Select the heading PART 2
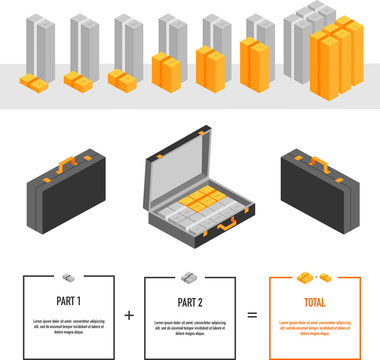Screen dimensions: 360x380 click(x=190, y=300)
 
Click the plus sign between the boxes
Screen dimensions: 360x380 click(x=129, y=314)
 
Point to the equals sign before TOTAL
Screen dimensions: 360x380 click(x=252, y=314)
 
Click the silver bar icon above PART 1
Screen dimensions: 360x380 click(x=68, y=277)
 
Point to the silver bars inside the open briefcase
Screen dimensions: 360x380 click(x=190, y=212)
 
